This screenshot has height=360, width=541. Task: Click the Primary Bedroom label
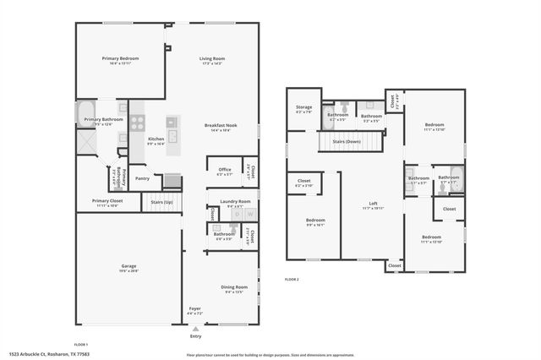(120, 58)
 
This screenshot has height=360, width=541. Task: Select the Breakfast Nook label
(220, 126)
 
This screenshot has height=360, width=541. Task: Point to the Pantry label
(142, 178)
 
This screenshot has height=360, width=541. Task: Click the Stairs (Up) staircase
(161, 201)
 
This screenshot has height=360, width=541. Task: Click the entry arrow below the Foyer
(195, 329)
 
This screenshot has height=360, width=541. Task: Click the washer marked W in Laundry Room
(249, 215)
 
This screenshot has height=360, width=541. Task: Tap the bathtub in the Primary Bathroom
(86, 113)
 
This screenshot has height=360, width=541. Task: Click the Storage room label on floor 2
(303, 107)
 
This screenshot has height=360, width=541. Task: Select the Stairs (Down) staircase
(342, 142)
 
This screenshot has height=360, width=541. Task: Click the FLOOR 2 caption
(292, 279)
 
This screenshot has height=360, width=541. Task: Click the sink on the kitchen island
(172, 135)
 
